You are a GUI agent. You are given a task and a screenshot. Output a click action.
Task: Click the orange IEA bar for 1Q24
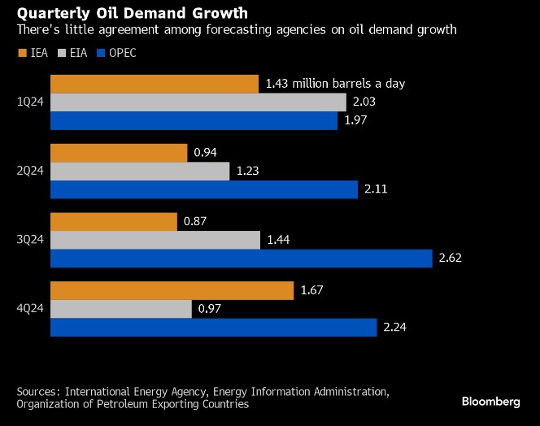(x=155, y=84)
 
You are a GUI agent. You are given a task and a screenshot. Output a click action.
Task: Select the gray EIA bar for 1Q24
(x=198, y=102)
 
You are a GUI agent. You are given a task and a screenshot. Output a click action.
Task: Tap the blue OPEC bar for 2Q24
(x=204, y=189)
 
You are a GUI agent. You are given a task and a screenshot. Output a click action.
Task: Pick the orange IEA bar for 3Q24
(x=114, y=221)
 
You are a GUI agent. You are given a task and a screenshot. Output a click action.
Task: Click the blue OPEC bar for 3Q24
(x=242, y=259)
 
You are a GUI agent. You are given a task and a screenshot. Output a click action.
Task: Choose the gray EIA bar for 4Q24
(x=121, y=309)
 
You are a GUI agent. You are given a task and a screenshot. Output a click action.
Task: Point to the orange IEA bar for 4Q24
(x=172, y=290)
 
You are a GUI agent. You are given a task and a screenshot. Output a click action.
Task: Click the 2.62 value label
(x=451, y=259)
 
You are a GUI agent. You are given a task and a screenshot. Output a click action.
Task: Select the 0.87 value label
(x=196, y=221)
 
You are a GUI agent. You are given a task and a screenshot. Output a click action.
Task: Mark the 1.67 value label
(x=312, y=290)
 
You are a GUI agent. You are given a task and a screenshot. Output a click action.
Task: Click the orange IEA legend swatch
(x=21, y=54)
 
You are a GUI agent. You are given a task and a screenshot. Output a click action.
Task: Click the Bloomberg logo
(x=490, y=402)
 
